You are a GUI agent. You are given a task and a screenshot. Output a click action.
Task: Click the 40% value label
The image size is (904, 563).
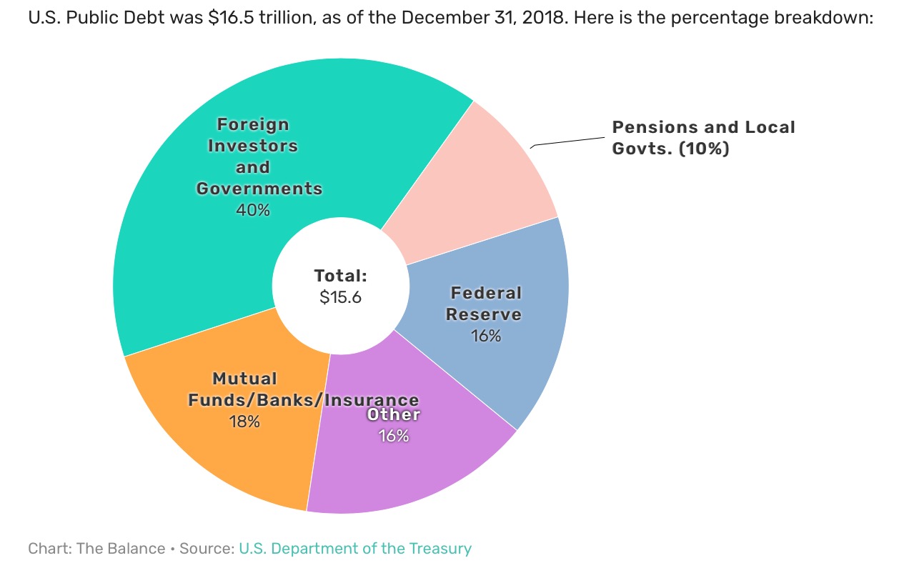pyautogui.click(x=253, y=210)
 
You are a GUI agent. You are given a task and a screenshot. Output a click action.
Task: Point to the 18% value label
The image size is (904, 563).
pyautogui.click(x=244, y=422)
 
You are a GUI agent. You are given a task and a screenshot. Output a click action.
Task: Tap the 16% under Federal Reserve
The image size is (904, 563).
pyautogui.click(x=486, y=335)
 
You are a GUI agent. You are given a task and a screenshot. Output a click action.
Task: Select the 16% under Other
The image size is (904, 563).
pyautogui.click(x=394, y=435)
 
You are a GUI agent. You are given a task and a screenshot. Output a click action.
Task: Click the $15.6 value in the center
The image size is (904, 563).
pyautogui.click(x=340, y=297)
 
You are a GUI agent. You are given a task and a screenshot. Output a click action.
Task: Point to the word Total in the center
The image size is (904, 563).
pyautogui.click(x=340, y=276)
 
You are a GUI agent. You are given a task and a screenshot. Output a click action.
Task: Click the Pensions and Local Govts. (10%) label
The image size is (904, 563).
pyautogui.click(x=703, y=138)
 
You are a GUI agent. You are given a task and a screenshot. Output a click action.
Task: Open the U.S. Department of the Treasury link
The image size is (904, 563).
pyautogui.click(x=355, y=549)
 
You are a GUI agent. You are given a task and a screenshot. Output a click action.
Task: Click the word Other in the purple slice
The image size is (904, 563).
pyautogui.click(x=394, y=414)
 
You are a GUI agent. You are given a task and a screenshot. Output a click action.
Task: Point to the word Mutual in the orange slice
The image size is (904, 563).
pyautogui.click(x=244, y=379)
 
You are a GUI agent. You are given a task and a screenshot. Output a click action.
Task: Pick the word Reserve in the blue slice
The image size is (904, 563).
pyautogui.click(x=484, y=314)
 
